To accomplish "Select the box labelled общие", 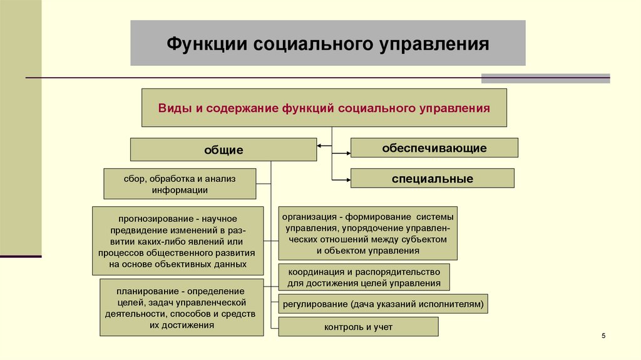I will pyautogui.click(x=223, y=150).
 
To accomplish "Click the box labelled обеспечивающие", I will pyautogui.click(x=434, y=148).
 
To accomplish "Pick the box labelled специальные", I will pyautogui.click(x=433, y=179).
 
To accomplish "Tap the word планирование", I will pyautogui.click(x=144, y=291).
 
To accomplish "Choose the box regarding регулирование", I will pyautogui.click(x=383, y=304).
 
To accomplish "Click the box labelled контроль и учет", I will pyautogui.click(x=358, y=327).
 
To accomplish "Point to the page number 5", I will pyautogui.click(x=603, y=337).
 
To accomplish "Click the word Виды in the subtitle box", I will pyautogui.click(x=171, y=108).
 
